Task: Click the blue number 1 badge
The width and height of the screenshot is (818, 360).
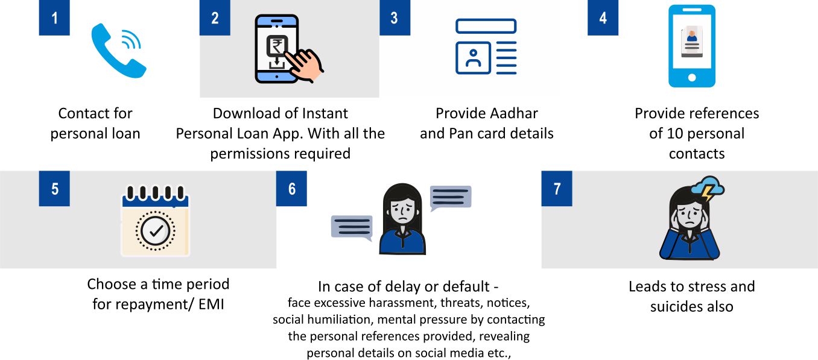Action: [x=54, y=17]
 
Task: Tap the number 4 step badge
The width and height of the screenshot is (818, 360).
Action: [x=603, y=17]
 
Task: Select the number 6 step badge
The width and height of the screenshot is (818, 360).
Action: [x=291, y=188]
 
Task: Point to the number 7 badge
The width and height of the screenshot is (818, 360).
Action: [x=557, y=188]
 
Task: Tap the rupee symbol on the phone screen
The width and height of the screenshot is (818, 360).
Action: [x=277, y=46]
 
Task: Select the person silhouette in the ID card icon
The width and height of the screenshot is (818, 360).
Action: [x=474, y=58]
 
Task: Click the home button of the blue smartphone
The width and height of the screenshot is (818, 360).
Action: [x=692, y=77]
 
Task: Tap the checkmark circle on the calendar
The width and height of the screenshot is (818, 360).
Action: [x=156, y=231]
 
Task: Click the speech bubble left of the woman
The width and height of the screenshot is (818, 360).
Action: [x=352, y=228]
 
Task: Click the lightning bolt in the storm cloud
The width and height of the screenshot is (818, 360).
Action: [x=708, y=193]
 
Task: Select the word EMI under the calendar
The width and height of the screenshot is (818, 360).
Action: [x=211, y=304]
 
